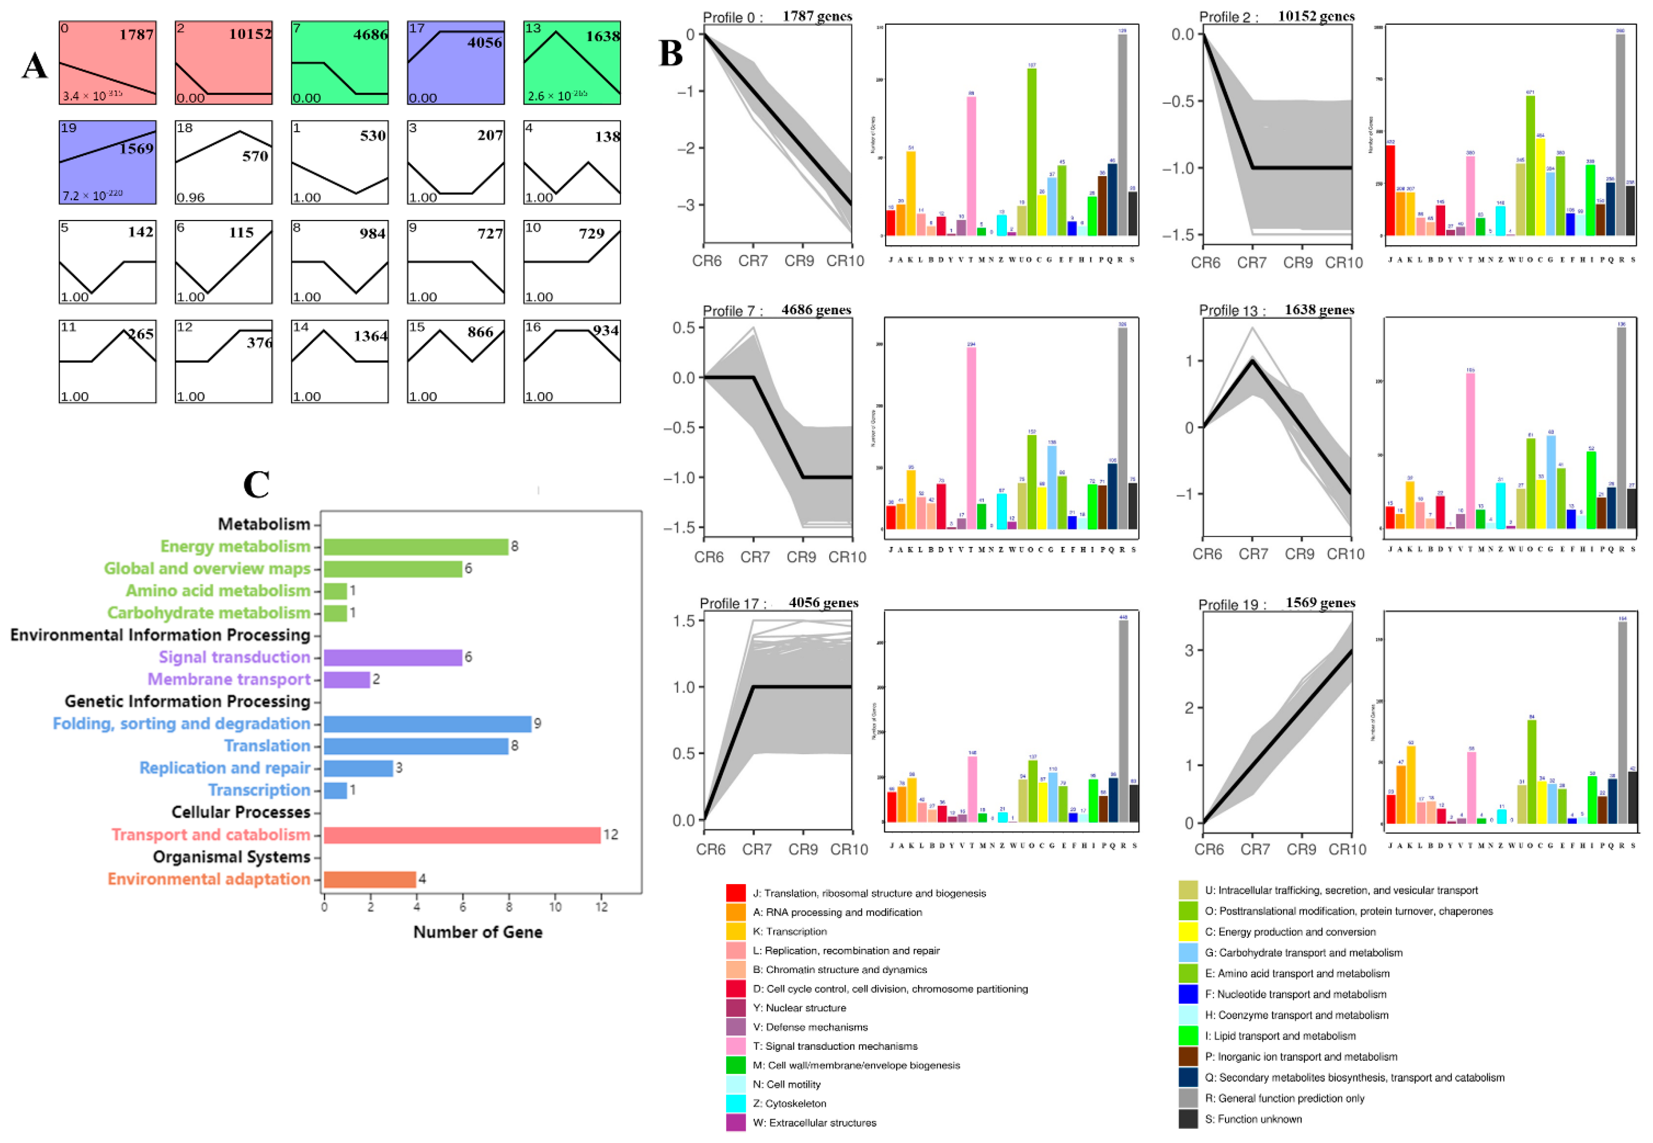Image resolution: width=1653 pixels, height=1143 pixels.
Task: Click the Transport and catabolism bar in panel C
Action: point(462,834)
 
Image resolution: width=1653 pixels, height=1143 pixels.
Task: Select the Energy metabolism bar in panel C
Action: point(416,546)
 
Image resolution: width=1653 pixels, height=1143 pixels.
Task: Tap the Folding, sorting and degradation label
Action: point(181,723)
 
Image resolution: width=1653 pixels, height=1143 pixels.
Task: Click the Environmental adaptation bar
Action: point(370,879)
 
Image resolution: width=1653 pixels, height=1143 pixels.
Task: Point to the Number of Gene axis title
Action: point(478,932)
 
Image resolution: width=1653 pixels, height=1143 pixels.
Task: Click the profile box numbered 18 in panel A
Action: point(224,162)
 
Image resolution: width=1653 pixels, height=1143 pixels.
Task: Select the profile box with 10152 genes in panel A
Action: point(224,63)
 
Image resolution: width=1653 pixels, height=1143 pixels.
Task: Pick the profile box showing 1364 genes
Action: point(340,362)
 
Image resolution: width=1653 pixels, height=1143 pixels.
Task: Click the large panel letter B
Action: point(671,54)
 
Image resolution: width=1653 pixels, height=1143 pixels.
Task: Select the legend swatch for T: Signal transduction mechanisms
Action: point(736,1047)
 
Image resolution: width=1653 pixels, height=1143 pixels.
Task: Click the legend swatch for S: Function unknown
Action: point(1188,1118)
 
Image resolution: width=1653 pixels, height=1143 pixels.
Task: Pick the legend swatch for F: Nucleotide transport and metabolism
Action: point(1188,994)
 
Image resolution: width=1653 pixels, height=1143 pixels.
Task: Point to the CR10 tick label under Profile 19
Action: point(1347,850)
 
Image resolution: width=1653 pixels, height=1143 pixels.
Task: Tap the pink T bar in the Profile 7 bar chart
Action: point(971,437)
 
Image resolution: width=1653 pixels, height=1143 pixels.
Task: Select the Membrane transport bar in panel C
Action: point(347,679)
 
